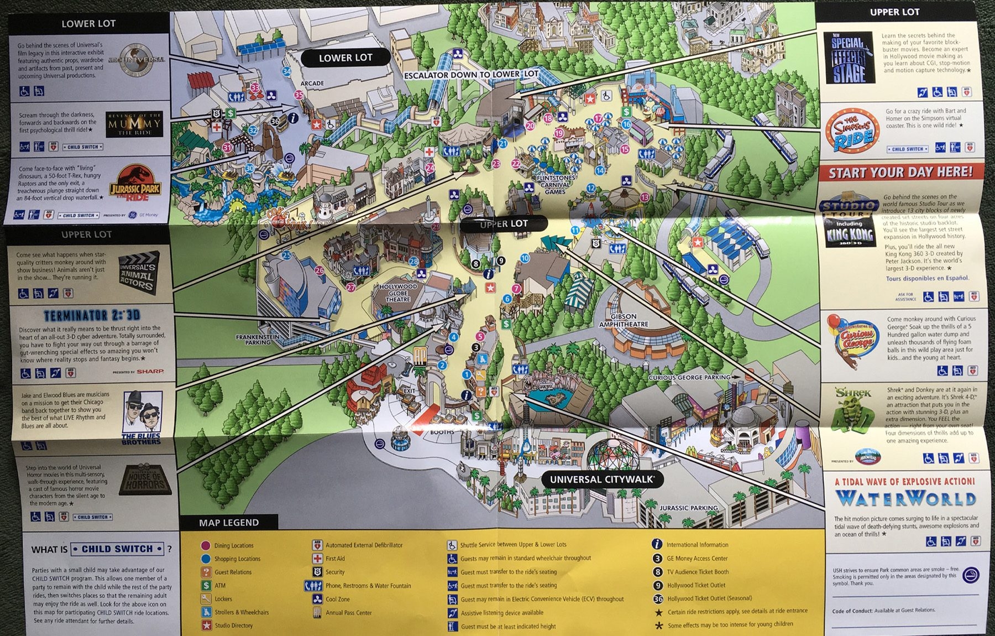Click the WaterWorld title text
(x=905, y=499)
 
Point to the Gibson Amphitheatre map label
(x=624, y=320)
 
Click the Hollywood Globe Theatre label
(x=398, y=293)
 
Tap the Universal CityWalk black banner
(x=601, y=479)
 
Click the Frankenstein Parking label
(x=258, y=339)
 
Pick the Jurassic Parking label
(x=688, y=508)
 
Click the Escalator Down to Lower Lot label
(x=470, y=75)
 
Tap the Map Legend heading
(x=228, y=523)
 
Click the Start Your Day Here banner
(x=900, y=172)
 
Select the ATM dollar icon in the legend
(x=206, y=585)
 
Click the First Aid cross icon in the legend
(x=317, y=559)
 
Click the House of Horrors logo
(x=145, y=479)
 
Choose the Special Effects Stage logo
(x=848, y=58)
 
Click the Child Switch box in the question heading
(x=117, y=549)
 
